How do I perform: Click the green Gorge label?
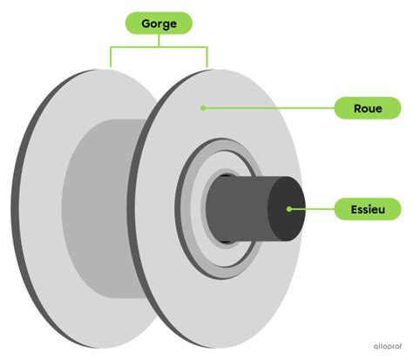[159, 24]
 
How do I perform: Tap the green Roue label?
[368, 108]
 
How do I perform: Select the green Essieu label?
[368, 209]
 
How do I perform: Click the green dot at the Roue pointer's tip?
[203, 108]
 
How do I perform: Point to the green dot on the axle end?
[288, 209]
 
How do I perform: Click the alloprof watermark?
[388, 346]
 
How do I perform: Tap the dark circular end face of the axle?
[287, 209]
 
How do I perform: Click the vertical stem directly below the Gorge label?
[159, 40]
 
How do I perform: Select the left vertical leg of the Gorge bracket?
[111, 57]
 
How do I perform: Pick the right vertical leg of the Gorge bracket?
[207, 57]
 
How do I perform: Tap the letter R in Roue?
[358, 108]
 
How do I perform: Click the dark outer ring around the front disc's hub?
[178, 209]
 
